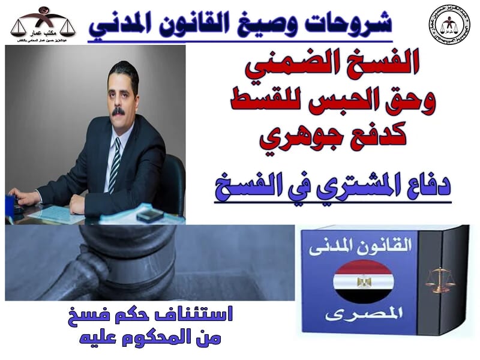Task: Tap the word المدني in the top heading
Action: coord(121,25)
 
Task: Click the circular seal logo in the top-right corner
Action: coord(449,25)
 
